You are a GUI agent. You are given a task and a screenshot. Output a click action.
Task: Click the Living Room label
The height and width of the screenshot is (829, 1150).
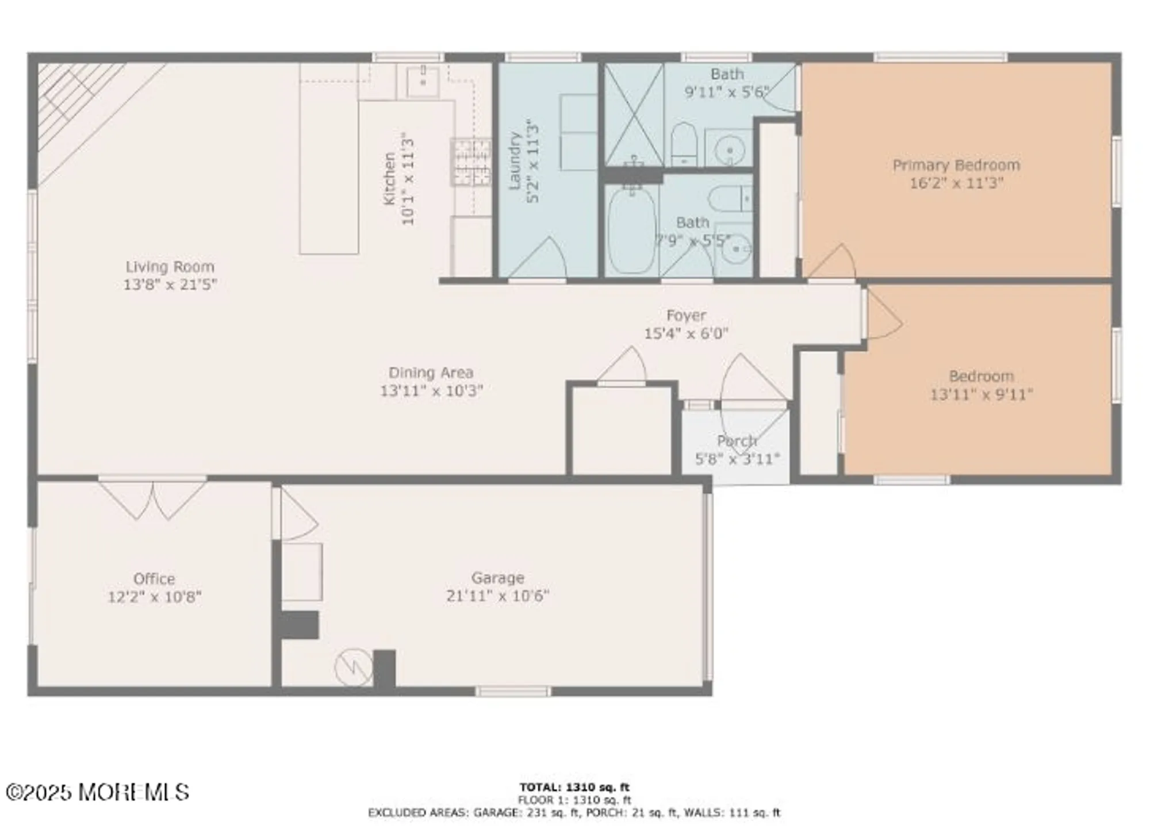click(x=170, y=267)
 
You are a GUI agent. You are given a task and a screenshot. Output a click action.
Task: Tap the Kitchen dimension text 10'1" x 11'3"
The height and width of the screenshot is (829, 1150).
click(x=408, y=181)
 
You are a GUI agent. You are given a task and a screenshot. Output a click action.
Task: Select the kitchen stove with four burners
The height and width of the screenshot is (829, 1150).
click(x=471, y=162)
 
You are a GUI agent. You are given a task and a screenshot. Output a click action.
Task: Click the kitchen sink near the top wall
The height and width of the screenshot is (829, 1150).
click(x=423, y=82)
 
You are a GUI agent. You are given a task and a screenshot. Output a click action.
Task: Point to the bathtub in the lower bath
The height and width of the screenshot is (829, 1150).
click(x=632, y=230)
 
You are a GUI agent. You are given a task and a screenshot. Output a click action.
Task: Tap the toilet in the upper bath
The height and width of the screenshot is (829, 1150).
click(x=684, y=144)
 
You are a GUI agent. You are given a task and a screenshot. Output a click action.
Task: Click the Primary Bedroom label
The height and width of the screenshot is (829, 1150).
click(x=956, y=166)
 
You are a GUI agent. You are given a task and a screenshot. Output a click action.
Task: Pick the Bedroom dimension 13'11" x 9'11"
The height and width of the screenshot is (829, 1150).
click(x=981, y=395)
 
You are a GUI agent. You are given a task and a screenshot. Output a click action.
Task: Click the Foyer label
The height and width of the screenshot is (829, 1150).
click(x=686, y=316)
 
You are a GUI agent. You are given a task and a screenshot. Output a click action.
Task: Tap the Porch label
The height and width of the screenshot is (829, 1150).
click(x=737, y=442)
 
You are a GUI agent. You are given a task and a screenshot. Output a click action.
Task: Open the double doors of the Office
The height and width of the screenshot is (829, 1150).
click(x=152, y=499)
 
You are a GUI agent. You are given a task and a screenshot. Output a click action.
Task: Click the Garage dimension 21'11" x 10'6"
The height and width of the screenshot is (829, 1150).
click(x=497, y=596)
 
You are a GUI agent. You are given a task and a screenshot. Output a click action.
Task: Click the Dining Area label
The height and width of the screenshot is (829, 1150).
click(x=431, y=373)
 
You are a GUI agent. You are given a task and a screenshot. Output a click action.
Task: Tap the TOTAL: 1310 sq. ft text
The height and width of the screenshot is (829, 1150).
click(x=574, y=787)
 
